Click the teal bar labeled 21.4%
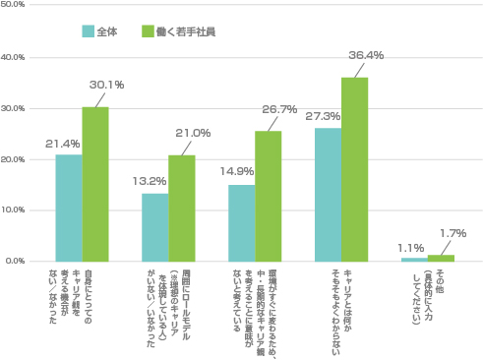coord(69,208)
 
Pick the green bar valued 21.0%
coord(182,208)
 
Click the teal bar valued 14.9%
coord(241,223)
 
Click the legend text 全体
coord(107,32)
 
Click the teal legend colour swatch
coord(88,32)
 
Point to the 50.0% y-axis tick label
coord(15,6)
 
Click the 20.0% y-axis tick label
coord(15,159)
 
